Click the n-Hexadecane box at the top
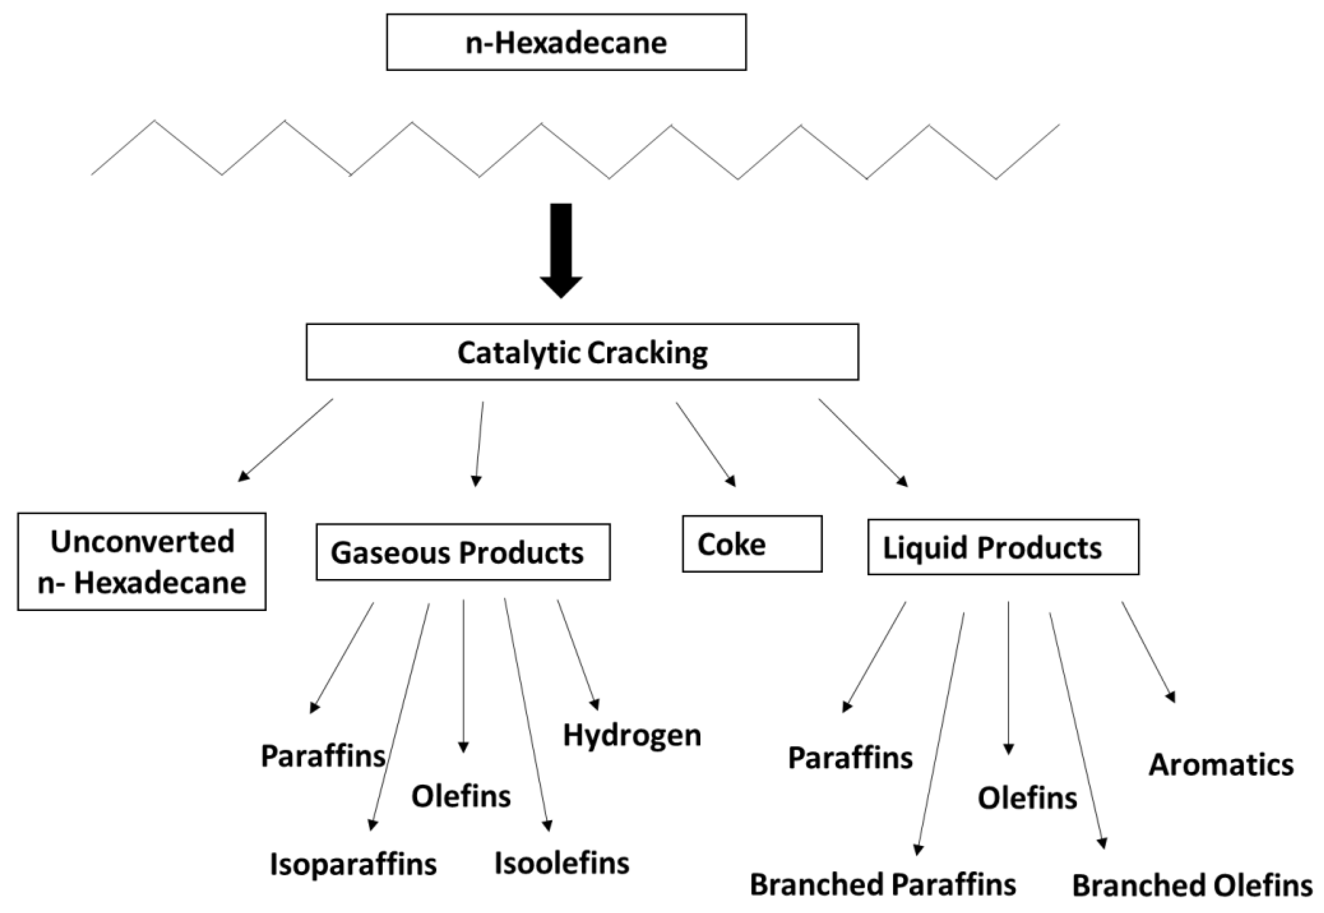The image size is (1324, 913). [566, 43]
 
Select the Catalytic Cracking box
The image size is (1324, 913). [582, 352]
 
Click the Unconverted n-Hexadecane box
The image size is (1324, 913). [142, 561]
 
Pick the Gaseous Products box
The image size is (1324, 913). [463, 552]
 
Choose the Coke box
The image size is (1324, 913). [752, 544]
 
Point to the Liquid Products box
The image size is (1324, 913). [1003, 547]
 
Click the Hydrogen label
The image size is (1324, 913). [632, 735]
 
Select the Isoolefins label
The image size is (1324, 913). [561, 863]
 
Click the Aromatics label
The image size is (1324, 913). [1221, 765]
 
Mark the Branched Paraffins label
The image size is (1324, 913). [883, 884]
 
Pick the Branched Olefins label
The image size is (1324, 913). [1192, 885]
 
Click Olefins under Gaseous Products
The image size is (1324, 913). [461, 796]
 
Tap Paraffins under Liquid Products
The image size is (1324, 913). [850, 758]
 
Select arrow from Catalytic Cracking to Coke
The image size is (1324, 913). [705, 444]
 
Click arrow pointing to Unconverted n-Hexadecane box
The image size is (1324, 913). [286, 439]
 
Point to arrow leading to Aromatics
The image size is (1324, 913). [1148, 652]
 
